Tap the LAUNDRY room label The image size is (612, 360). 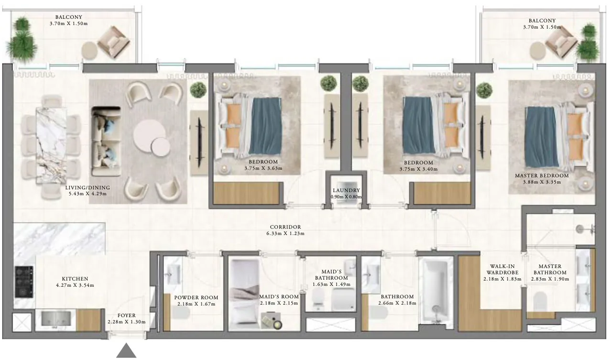coord(346,190)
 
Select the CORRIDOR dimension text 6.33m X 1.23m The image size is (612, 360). coord(285,234)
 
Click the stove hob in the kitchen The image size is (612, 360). coord(24,282)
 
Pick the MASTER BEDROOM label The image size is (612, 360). coord(541,175)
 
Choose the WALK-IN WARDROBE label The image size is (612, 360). coord(502,270)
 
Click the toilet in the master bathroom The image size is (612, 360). coord(540,301)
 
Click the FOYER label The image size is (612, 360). coord(127,316)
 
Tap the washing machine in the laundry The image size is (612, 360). coord(346,199)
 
